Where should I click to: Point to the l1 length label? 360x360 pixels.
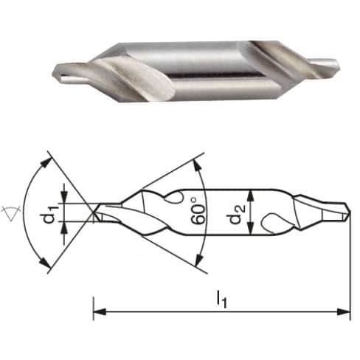221,299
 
